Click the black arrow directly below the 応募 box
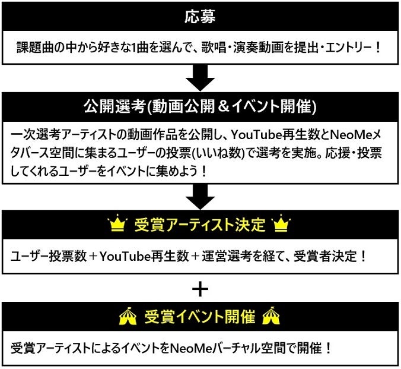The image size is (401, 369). tap(200, 77)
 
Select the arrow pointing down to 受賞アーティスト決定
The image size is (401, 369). tap(200, 195)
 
